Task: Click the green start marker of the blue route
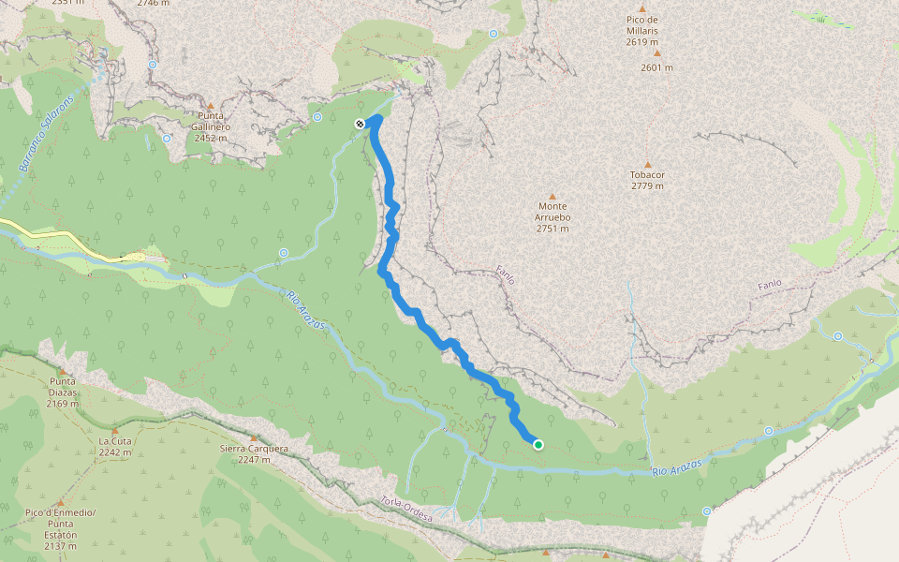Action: [x=538, y=445]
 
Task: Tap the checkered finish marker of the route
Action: [x=360, y=124]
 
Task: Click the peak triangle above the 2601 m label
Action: [x=656, y=53]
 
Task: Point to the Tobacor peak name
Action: [x=646, y=175]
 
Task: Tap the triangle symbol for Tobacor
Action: [x=646, y=164]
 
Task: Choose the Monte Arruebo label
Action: [x=553, y=212]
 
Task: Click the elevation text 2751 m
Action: [x=553, y=229]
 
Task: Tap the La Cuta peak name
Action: [x=114, y=441]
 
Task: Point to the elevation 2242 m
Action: [x=114, y=452]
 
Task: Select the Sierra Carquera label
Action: [x=253, y=449]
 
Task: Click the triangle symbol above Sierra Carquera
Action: [x=253, y=437]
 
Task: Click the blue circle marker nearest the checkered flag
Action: [x=317, y=117]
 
